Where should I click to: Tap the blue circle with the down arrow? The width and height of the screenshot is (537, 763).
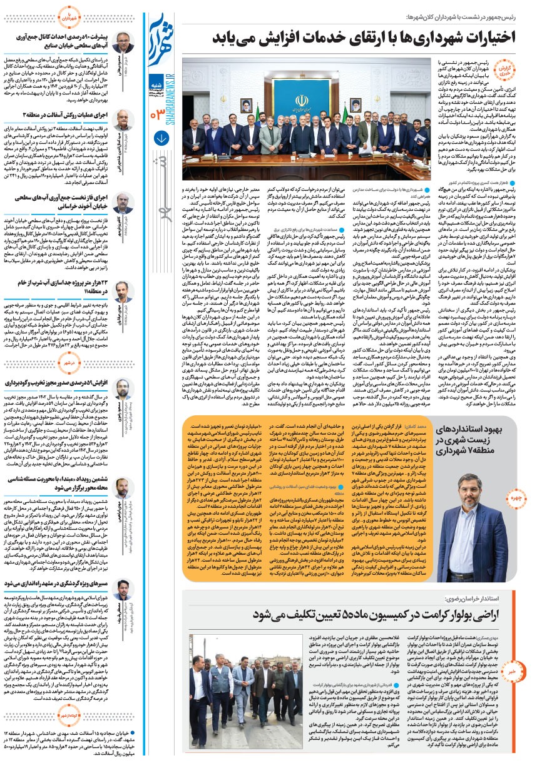158,133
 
